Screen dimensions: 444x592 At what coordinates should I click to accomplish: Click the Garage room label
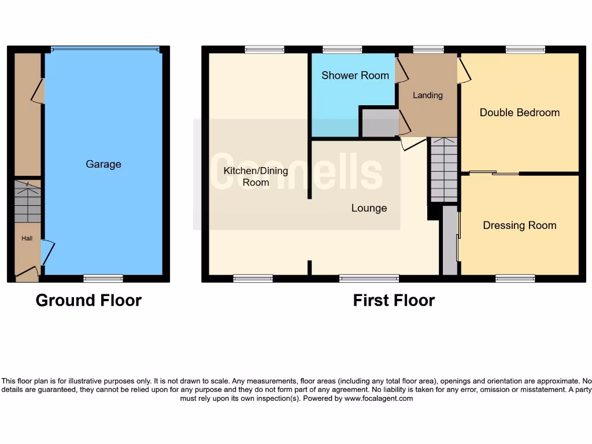103,164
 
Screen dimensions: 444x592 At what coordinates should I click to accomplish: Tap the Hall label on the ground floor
27,238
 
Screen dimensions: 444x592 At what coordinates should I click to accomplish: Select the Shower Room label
355,75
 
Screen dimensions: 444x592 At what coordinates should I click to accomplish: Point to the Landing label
428,95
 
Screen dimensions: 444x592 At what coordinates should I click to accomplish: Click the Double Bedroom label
520,113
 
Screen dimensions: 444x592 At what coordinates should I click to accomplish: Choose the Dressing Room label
520,225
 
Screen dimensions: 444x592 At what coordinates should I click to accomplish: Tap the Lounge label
369,208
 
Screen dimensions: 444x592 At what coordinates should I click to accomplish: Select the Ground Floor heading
88,300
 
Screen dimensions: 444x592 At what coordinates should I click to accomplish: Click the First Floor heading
394,300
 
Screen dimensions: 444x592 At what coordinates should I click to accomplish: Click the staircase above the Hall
28,202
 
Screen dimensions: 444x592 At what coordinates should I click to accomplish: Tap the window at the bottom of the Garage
103,279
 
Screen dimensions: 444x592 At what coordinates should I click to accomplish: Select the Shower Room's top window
342,50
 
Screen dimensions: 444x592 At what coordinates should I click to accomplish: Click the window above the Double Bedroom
525,50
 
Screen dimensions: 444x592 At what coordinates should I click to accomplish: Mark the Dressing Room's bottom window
515,279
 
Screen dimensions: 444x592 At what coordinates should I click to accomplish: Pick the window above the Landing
428,50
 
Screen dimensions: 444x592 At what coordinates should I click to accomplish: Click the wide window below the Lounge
369,279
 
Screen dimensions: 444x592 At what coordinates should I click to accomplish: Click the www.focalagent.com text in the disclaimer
379,398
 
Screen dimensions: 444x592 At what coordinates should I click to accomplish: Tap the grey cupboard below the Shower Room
380,123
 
